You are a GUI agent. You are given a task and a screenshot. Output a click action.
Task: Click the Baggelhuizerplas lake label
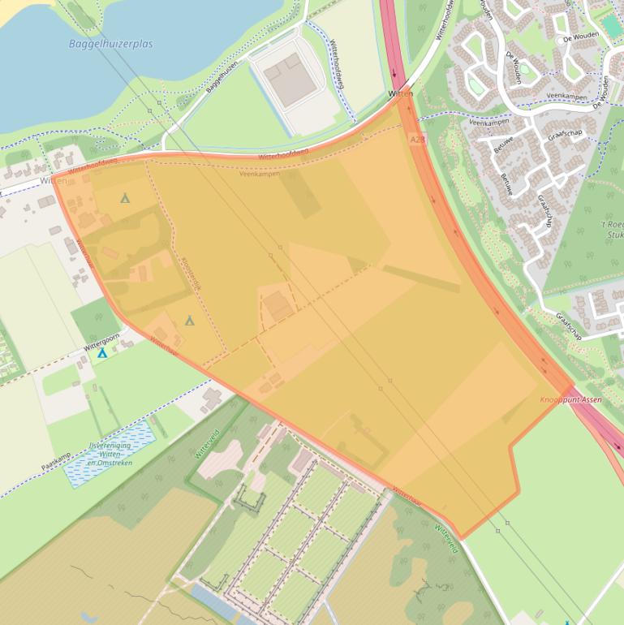pyautogui.click(x=110, y=44)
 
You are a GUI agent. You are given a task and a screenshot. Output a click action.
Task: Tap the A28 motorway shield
pyautogui.click(x=417, y=140)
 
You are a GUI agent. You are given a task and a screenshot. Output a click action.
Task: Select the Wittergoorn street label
pyautogui.click(x=101, y=341)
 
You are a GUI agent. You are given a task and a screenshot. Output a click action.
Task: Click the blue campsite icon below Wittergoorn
pyautogui.click(x=102, y=353)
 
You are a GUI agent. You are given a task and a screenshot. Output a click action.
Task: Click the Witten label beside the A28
pyautogui.click(x=401, y=95)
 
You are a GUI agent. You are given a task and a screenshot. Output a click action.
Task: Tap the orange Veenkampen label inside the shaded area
pyautogui.click(x=260, y=174)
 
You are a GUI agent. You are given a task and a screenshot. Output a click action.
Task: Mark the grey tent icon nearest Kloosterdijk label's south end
pyautogui.click(x=190, y=321)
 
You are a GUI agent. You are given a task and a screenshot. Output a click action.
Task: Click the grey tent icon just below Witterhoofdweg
pyautogui.click(x=125, y=197)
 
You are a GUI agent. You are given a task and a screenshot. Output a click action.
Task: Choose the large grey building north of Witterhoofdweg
pyautogui.click(x=290, y=79)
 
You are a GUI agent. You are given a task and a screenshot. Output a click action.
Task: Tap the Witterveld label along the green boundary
pyautogui.click(x=207, y=445)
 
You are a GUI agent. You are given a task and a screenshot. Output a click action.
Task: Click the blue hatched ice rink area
pyautogui.click(x=110, y=453)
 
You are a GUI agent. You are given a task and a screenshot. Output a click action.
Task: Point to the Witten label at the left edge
pyautogui.click(x=54, y=182)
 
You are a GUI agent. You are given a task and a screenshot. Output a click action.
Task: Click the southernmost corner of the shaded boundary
pyautogui.click(x=461, y=538)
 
